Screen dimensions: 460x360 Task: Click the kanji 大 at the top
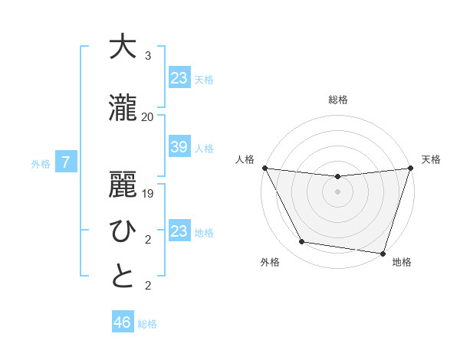(122, 47)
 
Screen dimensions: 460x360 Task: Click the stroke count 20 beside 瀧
(147, 116)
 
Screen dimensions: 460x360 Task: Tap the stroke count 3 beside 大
(147, 56)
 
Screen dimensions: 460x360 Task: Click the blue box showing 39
(179, 147)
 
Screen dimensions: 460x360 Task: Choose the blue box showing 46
(122, 322)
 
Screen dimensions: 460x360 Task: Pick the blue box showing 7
(66, 162)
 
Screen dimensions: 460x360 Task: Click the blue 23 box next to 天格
(179, 78)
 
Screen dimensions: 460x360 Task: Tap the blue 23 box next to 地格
(179, 231)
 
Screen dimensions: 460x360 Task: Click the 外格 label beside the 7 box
(41, 163)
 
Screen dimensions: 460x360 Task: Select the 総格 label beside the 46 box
(147, 324)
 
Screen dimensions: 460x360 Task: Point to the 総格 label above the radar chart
(337, 100)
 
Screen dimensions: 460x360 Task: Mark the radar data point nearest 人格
(264, 168)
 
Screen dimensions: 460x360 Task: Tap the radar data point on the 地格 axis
(383, 253)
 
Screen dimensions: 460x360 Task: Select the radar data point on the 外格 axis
(302, 242)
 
